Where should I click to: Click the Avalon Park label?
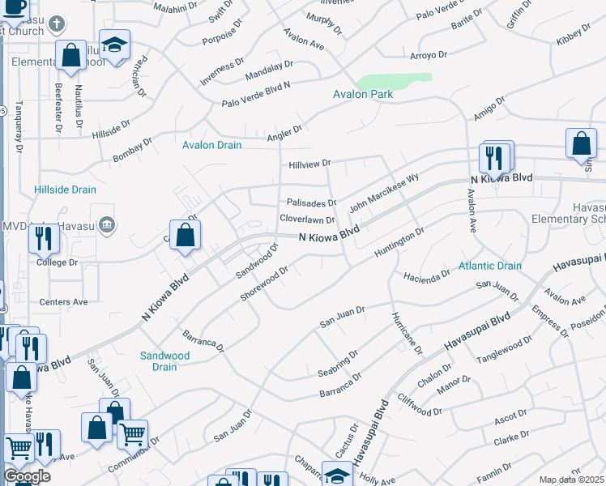363,95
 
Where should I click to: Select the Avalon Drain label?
211,145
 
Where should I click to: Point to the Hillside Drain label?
65,190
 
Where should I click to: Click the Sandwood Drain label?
164,360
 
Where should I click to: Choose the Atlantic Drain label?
490,266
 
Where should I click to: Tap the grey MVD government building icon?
106,224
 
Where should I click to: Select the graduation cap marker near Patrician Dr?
114,45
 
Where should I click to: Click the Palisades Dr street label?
311,202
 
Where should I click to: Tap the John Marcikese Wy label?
384,192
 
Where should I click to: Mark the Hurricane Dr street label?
407,333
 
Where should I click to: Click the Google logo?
27,476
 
